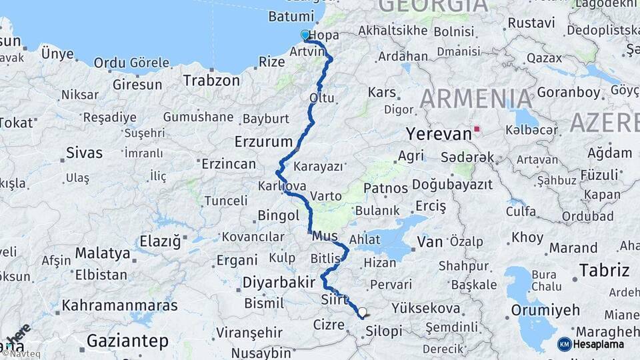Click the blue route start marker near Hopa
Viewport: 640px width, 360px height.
[305, 35]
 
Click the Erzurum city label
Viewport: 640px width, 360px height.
[263, 141]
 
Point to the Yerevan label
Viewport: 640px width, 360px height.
[438, 133]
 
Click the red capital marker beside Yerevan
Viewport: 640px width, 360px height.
[476, 129]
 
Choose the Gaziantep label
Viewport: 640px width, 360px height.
[127, 341]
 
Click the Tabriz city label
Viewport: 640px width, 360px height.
[604, 270]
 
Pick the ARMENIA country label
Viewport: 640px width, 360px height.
[476, 99]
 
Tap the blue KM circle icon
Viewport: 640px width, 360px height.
[564, 344]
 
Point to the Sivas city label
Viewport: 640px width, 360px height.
[84, 153]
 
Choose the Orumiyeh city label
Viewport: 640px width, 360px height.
[545, 310]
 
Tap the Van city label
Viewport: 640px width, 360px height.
[429, 241]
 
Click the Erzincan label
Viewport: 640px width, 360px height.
[229, 164]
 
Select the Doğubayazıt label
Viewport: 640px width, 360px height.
[452, 184]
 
